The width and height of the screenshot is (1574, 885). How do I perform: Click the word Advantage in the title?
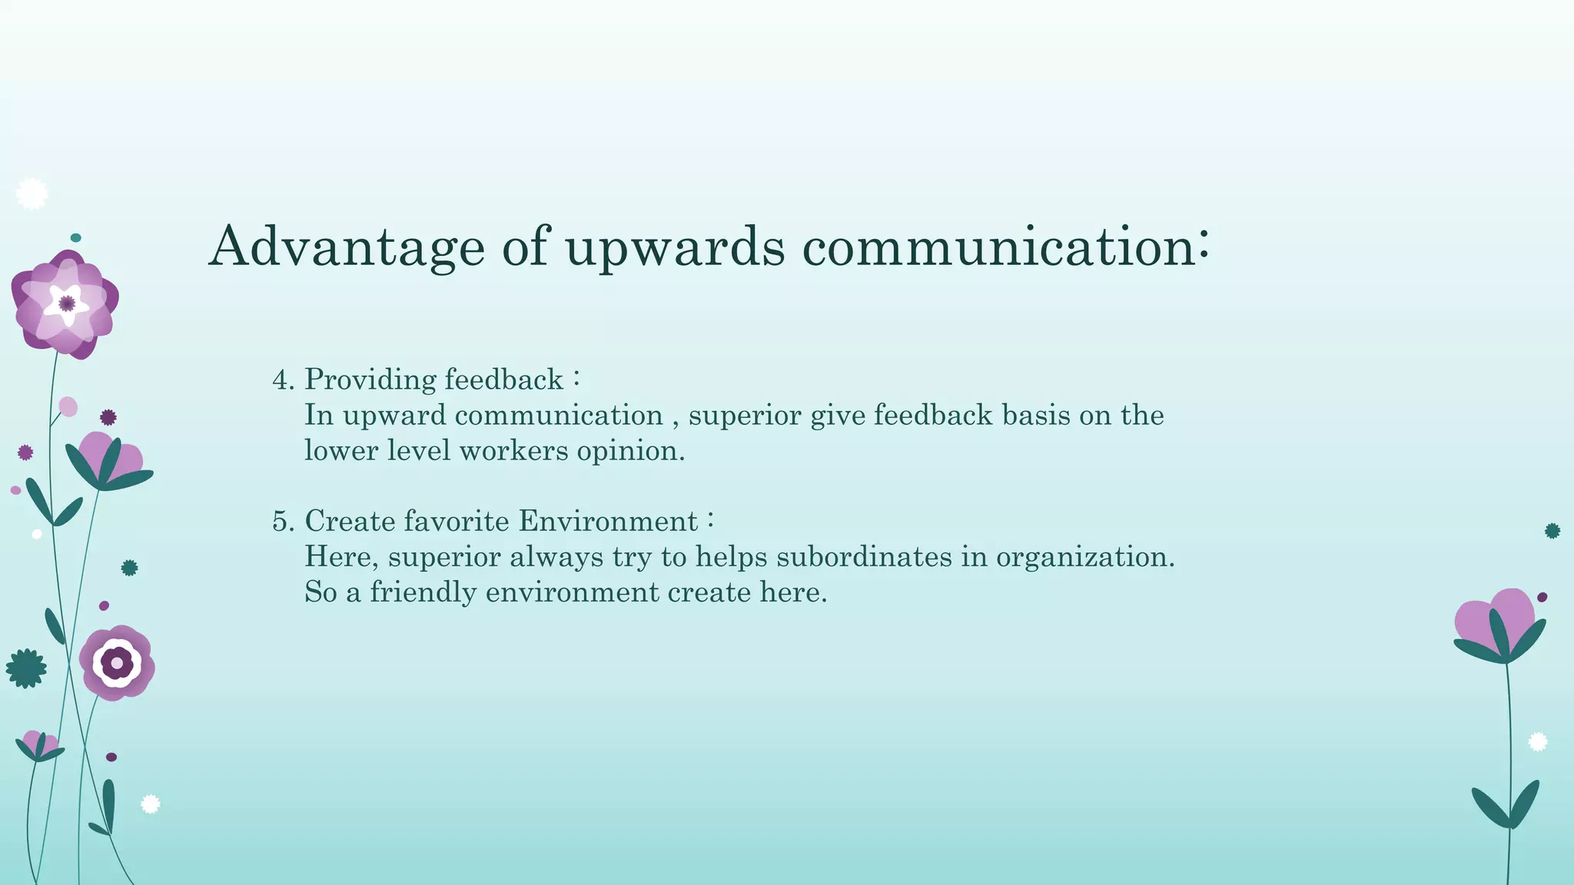click(347, 247)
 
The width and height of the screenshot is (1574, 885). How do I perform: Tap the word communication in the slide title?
click(999, 247)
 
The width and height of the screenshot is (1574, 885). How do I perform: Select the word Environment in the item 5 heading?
click(608, 521)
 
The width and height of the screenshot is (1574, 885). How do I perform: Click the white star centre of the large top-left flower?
click(66, 303)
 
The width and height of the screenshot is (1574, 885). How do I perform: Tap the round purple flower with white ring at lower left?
click(117, 662)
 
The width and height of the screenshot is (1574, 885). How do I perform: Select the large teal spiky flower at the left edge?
click(26, 668)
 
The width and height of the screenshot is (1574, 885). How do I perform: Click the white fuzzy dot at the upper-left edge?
click(32, 194)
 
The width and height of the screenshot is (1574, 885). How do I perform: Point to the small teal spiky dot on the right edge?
click(1552, 531)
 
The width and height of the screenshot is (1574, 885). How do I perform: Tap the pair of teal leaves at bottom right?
click(1506, 804)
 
